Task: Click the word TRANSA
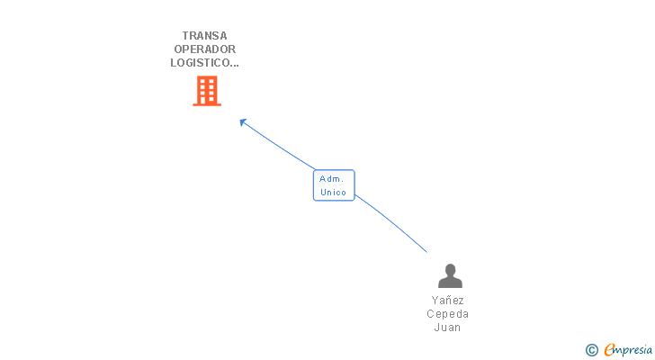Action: tap(204, 36)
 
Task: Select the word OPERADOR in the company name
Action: tap(204, 49)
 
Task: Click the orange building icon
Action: tap(206, 91)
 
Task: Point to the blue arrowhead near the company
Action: tap(243, 122)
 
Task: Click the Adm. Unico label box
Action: tap(334, 185)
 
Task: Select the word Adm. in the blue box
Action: tap(331, 179)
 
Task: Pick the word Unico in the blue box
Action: tap(333, 193)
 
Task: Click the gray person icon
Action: tap(450, 276)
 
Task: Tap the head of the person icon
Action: tap(450, 269)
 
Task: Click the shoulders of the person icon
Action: tap(450, 283)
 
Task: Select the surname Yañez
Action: tap(448, 301)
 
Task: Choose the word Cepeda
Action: tap(448, 314)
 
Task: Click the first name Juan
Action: tap(448, 328)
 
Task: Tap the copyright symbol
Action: tap(592, 350)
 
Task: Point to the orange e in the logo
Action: tap(609, 350)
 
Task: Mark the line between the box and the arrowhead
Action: tap(279, 147)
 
